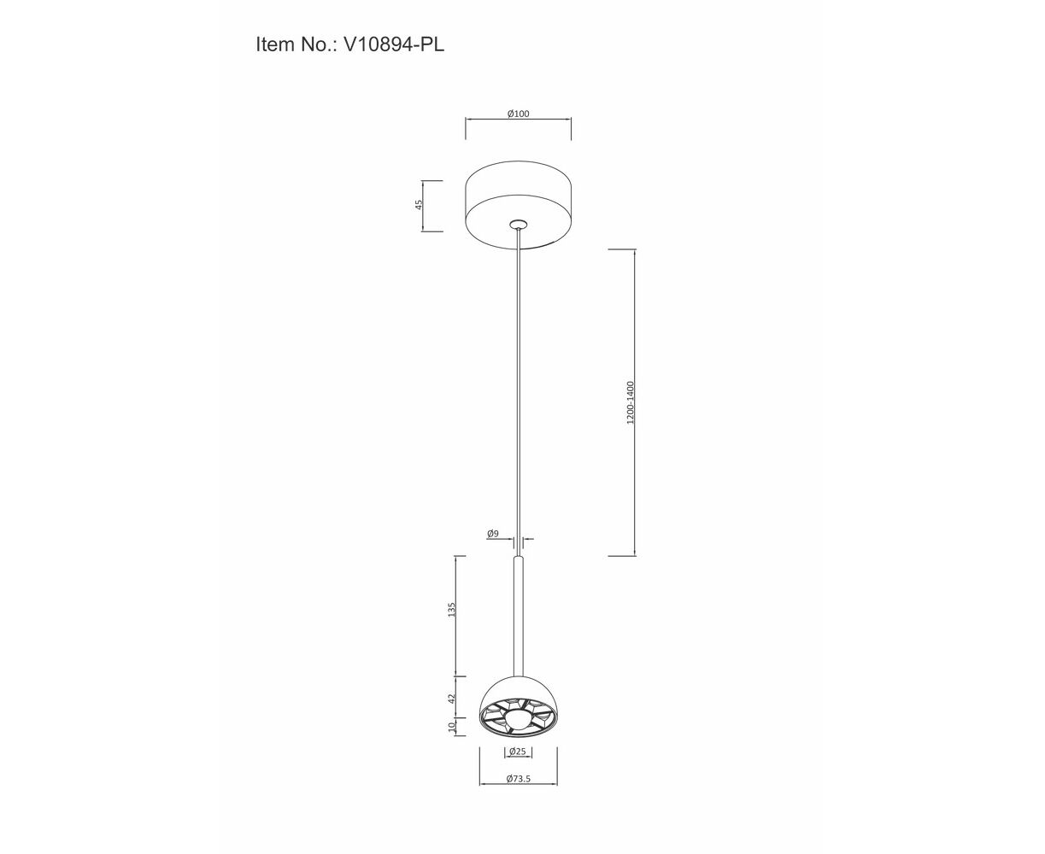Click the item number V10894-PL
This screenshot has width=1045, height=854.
(x=394, y=44)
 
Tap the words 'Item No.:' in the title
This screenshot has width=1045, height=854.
(x=296, y=44)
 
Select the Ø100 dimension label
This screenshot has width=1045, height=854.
(x=519, y=114)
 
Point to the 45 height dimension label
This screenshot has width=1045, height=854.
(x=419, y=205)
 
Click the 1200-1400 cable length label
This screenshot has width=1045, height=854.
(x=631, y=403)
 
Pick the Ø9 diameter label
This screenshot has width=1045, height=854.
(x=492, y=534)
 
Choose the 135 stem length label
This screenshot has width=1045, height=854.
(x=451, y=610)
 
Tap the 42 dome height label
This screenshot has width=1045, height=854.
(x=451, y=699)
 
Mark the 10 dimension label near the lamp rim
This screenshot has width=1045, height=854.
(x=451, y=727)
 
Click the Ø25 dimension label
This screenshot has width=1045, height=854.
(x=518, y=752)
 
